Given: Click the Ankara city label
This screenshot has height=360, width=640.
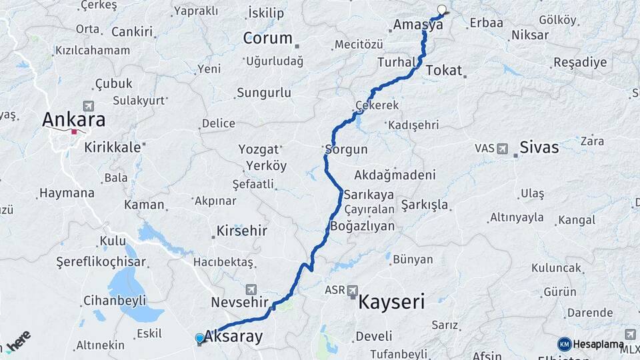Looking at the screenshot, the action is (x=73, y=120).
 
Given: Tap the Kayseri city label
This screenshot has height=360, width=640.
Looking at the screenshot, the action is (x=391, y=302).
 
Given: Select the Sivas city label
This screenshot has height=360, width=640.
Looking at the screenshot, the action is (x=539, y=147).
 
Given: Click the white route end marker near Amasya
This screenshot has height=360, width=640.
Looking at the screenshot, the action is (x=441, y=10).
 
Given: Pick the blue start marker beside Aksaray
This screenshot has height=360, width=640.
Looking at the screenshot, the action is (x=199, y=338).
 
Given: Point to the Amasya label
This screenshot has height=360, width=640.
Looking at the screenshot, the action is (x=418, y=25).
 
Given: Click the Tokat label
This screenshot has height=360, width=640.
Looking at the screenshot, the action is (x=443, y=70).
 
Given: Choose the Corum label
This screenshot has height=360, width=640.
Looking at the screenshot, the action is (x=267, y=38).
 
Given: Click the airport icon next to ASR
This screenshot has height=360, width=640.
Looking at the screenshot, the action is (x=352, y=290).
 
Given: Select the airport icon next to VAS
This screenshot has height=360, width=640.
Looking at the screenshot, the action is (x=501, y=148).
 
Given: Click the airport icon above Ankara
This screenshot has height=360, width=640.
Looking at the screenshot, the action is (x=89, y=105).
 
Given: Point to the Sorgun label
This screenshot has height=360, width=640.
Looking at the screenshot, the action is (x=346, y=149).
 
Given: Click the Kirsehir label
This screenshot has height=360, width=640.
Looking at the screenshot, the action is (x=241, y=231).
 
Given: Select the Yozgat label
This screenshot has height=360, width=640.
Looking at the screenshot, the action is (x=258, y=149).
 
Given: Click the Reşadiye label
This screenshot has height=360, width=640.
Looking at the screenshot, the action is (x=580, y=63).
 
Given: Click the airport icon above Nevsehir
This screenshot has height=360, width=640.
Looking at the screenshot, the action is (x=251, y=289).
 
